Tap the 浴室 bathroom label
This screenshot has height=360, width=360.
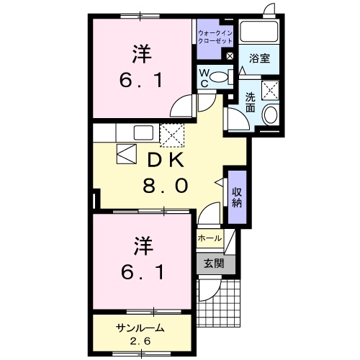coord(260,58)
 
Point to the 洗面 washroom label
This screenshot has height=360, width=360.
coord(249,102)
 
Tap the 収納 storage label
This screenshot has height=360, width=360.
coord(237,195)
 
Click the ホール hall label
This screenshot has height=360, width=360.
coord(208,237)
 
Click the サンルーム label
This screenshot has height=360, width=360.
coord(140,329)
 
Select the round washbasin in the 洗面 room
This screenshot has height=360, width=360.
coord(271,114)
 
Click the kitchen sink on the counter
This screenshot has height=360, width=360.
coord(142,132)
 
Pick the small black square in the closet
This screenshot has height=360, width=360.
coord(230,56)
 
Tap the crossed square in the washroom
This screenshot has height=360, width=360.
coord(270,90)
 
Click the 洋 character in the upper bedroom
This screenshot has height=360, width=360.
coord(140,53)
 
